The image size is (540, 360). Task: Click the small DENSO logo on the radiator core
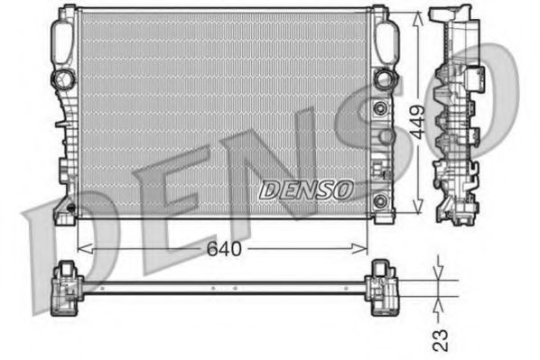308,189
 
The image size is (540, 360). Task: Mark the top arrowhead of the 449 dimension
418,17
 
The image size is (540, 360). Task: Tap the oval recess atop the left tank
63,40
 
